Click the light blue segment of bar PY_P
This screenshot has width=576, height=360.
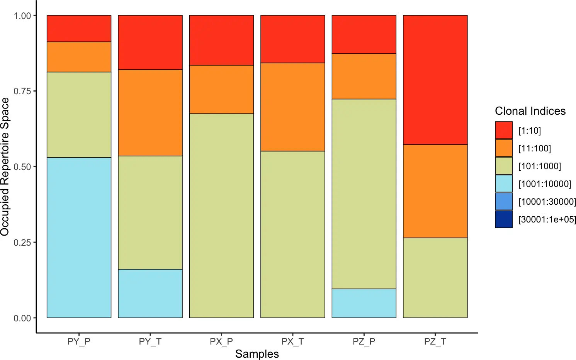point(79,238)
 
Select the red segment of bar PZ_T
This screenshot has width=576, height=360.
point(435,80)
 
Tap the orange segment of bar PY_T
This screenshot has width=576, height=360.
point(150,113)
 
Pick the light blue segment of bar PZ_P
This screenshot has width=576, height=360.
point(364,303)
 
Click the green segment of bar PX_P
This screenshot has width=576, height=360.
point(221,216)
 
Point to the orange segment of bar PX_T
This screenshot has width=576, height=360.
point(292,107)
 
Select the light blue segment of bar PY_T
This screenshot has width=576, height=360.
point(150,294)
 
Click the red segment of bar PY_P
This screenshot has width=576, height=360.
point(79,29)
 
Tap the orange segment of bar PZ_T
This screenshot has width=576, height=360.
point(435,191)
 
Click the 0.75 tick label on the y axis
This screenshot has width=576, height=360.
point(22,91)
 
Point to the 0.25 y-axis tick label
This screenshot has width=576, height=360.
point(22,243)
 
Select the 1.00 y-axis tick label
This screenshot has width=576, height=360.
point(22,16)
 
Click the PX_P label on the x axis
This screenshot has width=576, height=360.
point(221,341)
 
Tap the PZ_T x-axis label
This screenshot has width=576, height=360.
point(435,341)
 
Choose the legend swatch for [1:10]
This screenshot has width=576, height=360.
point(504,130)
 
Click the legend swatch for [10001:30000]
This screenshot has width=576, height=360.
point(504,201)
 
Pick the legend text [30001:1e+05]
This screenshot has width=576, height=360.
point(547,219)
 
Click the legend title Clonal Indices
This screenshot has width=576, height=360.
point(530,111)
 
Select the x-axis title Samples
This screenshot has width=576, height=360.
point(257,354)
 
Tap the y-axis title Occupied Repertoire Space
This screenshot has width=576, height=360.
point(5,166)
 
